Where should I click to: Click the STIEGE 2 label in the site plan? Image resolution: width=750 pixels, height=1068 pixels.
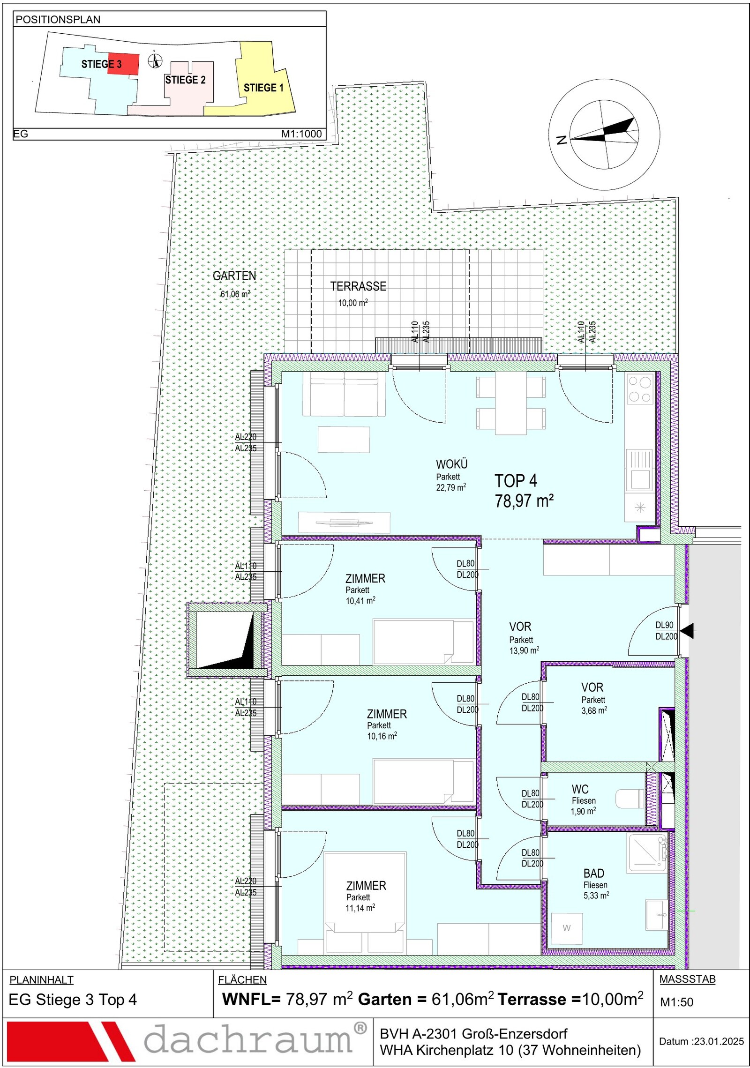click(x=185, y=80)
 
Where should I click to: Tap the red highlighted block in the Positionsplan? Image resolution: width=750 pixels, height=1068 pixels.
click(x=123, y=64)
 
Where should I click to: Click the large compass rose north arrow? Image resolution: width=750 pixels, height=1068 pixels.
click(x=604, y=134)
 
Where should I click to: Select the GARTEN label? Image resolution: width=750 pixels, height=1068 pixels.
click(x=234, y=276)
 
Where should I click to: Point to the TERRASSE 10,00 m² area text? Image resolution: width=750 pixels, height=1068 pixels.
click(x=353, y=303)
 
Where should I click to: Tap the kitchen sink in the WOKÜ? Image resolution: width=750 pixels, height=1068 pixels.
click(x=640, y=469)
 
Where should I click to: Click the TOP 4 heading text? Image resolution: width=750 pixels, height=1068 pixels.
click(x=516, y=481)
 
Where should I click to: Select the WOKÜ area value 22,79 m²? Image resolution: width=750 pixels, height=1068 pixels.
click(x=451, y=487)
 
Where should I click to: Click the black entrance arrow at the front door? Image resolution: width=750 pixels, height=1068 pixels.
click(x=687, y=631)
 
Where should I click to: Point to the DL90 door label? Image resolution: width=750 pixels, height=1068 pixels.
click(x=664, y=625)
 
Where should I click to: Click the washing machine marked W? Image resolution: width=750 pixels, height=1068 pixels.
click(x=567, y=928)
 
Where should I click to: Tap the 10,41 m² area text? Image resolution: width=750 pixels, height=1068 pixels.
click(x=360, y=601)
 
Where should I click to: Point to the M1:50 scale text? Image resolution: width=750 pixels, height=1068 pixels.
click(x=676, y=1002)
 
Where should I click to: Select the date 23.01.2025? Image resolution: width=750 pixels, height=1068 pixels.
click(x=719, y=1041)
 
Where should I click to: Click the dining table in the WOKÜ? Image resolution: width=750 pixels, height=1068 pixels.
click(x=511, y=403)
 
